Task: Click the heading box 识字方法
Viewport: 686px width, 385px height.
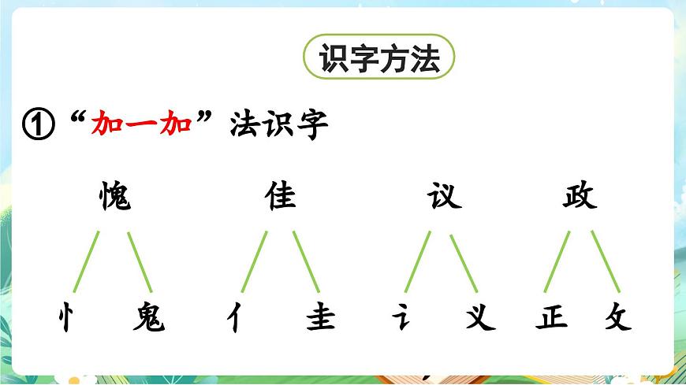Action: click(378, 58)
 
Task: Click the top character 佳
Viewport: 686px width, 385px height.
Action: click(281, 197)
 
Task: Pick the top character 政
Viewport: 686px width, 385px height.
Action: click(580, 197)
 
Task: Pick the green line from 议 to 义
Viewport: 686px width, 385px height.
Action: click(464, 261)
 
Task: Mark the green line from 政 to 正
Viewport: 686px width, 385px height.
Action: click(557, 261)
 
